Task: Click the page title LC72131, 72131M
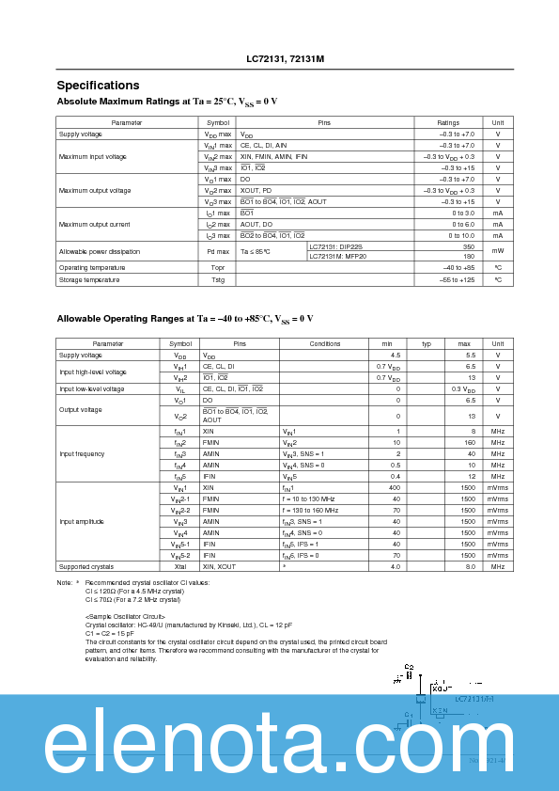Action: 279,58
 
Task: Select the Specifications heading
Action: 98,85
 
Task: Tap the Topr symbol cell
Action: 218,268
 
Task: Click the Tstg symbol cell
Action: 218,279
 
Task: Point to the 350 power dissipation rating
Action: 468,246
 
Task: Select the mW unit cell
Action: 498,251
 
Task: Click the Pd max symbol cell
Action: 218,251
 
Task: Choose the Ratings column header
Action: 448,122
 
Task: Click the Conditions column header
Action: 324,343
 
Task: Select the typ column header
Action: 426,343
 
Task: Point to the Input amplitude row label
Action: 82,521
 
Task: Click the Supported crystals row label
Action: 86,567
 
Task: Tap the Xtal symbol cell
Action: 179,567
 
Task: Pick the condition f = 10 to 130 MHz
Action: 309,498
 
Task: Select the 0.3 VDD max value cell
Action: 461,388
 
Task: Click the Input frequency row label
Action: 82,453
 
